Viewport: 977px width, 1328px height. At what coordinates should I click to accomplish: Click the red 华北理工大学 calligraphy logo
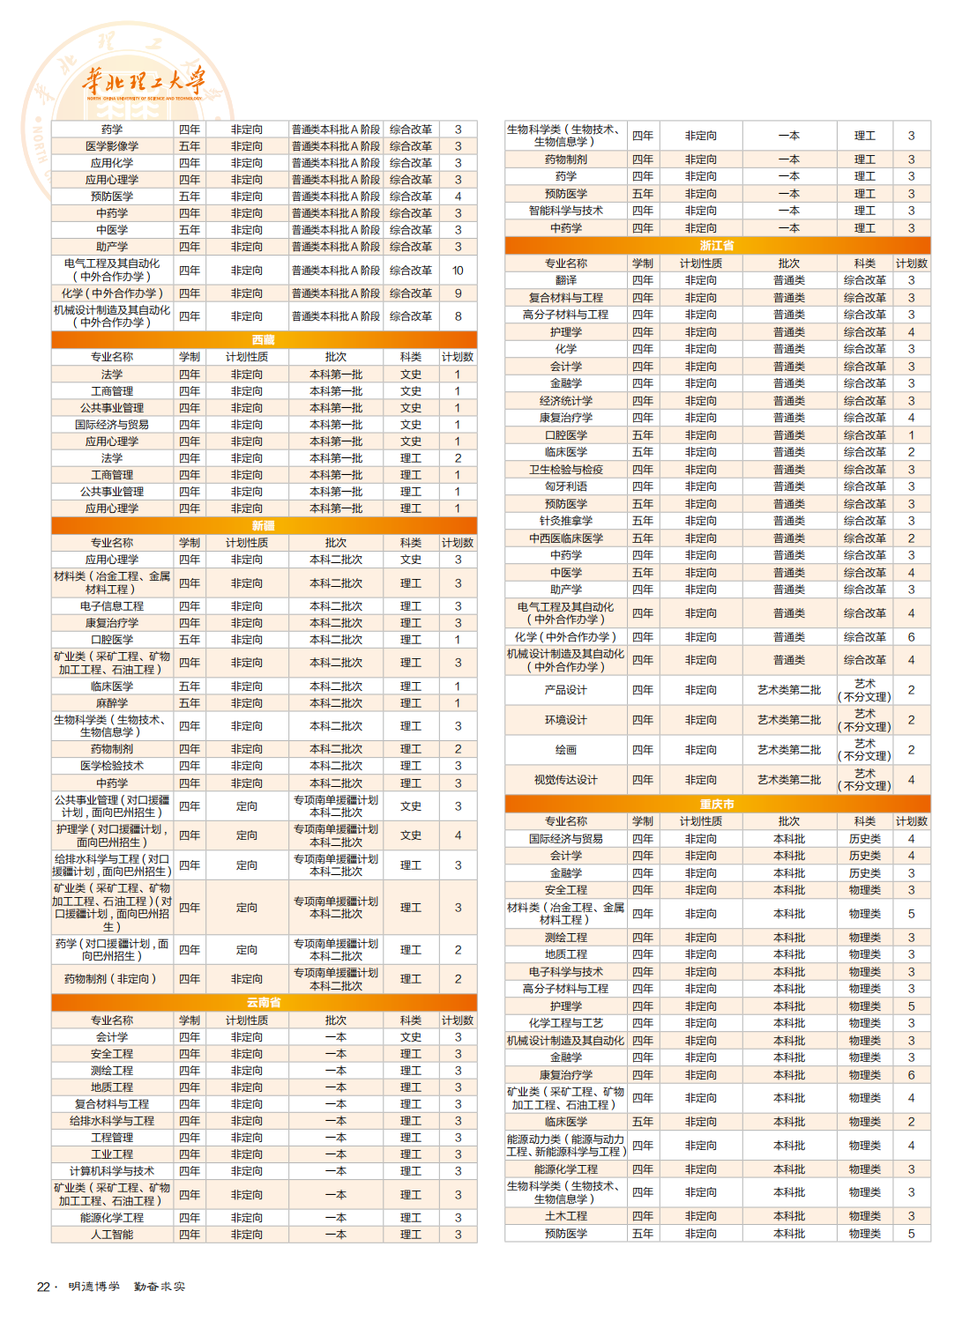144,82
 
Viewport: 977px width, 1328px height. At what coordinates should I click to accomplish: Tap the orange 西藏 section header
264,339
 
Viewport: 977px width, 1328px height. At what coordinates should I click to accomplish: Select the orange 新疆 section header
264,525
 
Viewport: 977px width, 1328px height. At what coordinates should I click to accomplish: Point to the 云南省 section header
264,1003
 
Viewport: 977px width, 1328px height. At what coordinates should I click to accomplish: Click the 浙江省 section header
717,246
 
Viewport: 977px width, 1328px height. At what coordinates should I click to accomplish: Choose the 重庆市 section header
717,804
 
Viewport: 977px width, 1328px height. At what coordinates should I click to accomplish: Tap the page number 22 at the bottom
43,1287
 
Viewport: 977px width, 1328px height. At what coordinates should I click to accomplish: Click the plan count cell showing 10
458,271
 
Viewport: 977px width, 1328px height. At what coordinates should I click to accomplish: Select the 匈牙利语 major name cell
566,486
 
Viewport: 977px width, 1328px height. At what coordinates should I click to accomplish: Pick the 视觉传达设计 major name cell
566,780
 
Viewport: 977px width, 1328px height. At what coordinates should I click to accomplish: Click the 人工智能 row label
112,1235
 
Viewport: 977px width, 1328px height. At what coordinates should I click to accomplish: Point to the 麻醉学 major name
112,703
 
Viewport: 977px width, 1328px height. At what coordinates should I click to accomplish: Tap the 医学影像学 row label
112,146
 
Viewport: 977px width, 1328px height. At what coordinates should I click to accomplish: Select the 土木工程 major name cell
566,1216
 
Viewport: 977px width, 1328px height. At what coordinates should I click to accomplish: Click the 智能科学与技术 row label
566,211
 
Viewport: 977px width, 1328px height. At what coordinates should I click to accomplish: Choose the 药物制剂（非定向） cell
112,979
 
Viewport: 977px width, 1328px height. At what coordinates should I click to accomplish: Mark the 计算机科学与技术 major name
112,1171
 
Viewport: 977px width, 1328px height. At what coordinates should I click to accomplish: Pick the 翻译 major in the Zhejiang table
566,280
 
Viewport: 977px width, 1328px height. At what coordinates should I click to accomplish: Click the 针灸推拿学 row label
566,521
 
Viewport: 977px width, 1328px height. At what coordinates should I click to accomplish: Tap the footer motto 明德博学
94,1287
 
